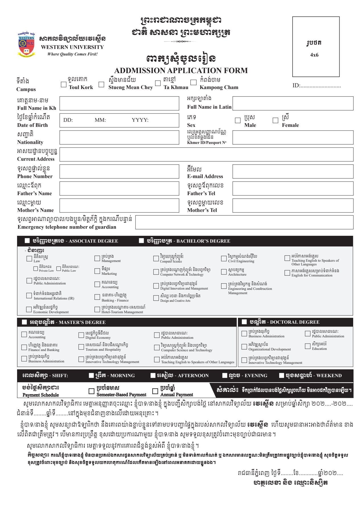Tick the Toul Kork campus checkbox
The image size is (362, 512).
64,84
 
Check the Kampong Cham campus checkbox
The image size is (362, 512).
194,83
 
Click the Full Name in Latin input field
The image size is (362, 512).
293,103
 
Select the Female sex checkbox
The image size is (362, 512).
275,120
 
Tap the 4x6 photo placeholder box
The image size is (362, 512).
316,47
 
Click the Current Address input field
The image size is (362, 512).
206,154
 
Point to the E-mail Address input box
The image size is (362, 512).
293,172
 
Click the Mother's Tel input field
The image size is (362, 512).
293,206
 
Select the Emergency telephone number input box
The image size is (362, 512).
244,222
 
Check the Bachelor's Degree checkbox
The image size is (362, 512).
141,241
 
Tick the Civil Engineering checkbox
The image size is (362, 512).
224,258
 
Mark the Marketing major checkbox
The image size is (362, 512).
97,271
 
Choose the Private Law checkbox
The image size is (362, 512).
36,269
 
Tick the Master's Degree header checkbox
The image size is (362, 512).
24,322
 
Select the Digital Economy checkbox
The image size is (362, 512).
81,335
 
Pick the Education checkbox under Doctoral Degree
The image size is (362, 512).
307,346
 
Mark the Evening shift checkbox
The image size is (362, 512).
225,375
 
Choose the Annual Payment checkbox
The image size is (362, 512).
155,391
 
